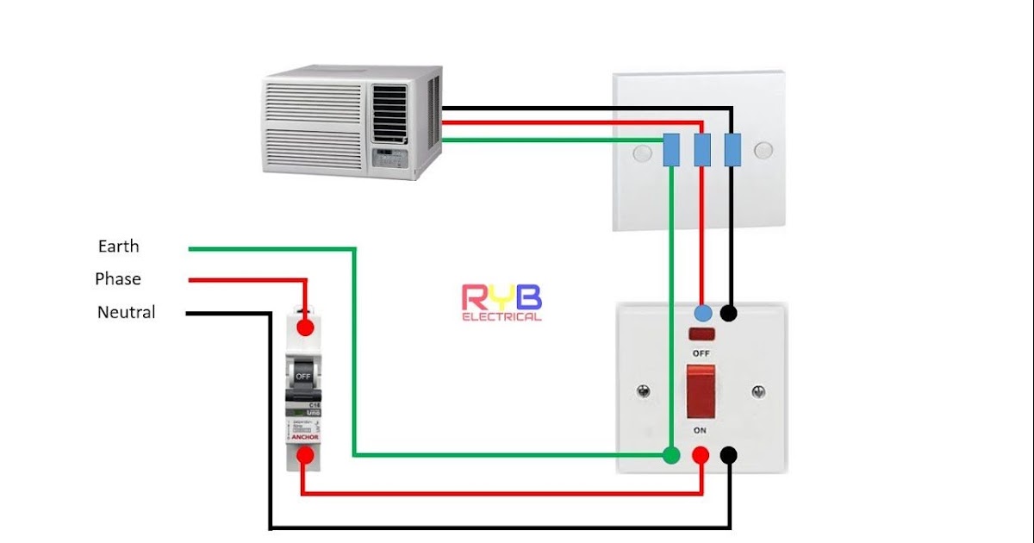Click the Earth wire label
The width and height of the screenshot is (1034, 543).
click(118, 247)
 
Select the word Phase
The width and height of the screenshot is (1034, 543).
click(118, 279)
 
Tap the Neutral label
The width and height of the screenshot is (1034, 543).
click(126, 312)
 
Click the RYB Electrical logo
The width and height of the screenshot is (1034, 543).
click(501, 303)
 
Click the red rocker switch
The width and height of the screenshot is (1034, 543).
click(700, 390)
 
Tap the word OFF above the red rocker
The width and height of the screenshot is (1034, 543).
click(701, 353)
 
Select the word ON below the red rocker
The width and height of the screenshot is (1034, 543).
click(700, 429)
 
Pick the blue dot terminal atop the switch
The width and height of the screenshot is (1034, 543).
click(703, 312)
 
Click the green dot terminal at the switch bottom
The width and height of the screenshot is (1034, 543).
click(671, 455)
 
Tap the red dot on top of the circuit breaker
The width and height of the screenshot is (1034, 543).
click(304, 328)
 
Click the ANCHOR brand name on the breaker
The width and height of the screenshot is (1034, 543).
click(304, 437)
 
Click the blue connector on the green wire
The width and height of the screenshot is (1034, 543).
click(671, 150)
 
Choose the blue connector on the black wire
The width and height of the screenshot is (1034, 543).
click(732, 150)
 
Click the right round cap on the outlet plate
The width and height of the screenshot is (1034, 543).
click(763, 152)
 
